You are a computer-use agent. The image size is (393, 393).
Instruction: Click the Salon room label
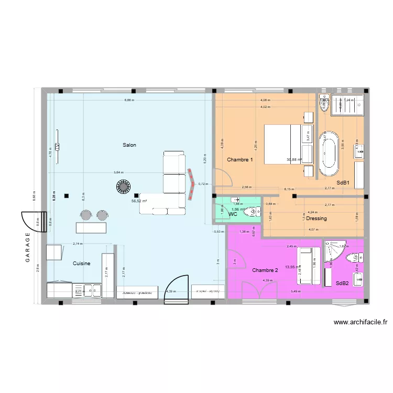pos(129,145)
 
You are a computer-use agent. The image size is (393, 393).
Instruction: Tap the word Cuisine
pos(82,264)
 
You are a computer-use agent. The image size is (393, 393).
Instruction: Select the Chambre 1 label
pos(239,159)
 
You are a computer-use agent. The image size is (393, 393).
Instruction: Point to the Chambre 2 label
pos(265,270)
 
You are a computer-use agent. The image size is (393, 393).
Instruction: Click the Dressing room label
pos(316,219)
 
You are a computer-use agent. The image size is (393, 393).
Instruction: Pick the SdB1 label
pos(343,183)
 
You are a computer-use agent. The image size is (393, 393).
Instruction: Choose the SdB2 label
pos(342,283)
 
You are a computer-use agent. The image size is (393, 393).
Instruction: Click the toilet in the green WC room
pos(254,212)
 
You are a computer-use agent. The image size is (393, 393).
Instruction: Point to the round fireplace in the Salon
pos(124,186)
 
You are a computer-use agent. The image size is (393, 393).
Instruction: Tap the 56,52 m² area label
pos(138,201)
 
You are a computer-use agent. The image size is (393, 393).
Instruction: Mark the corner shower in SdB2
pos(334,251)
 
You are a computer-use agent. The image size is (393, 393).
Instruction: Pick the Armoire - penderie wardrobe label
pos(137,293)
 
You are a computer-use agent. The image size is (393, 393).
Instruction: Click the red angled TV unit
pos(191,184)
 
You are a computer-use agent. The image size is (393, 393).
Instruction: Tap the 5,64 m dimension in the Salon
pos(119,172)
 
